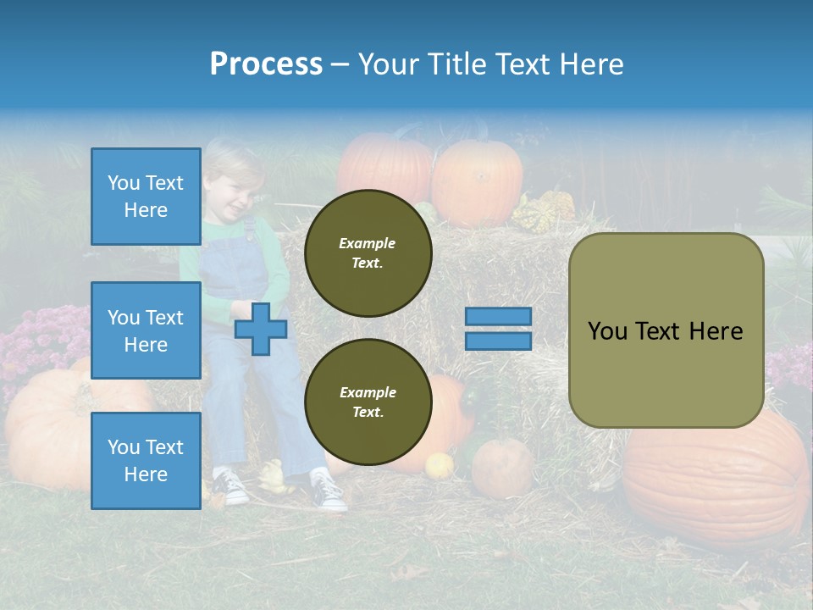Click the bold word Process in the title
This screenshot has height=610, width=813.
click(266, 64)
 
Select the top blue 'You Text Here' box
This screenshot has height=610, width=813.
click(146, 197)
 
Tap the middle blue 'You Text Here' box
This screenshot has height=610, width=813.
click(146, 330)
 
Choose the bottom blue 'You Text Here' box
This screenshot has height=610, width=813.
click(146, 460)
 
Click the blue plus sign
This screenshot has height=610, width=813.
click(261, 329)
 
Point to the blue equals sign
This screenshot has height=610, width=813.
click(498, 329)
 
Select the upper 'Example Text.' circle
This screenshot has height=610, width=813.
click(368, 253)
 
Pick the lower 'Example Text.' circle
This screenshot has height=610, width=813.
click(368, 402)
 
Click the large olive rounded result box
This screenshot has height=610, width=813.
click(666, 330)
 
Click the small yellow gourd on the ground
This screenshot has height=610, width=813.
click(439, 465)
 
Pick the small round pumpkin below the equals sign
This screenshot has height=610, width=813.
click(502, 467)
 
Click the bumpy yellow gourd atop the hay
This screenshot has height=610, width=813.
click(545, 212)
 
